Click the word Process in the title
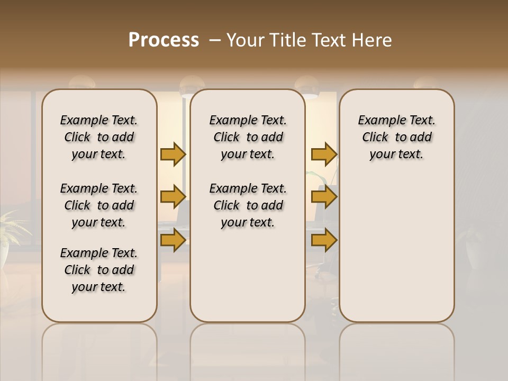point(164,40)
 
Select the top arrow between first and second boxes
point(173,155)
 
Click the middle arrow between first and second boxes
point(173,197)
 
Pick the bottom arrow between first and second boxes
point(173,240)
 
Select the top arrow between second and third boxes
point(324,155)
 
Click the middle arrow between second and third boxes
point(324,197)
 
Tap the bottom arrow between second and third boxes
point(324,240)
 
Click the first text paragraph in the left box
point(99,137)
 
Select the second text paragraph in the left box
point(99,205)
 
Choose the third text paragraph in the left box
point(99,270)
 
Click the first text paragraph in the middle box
point(248,137)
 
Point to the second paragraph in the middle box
point(248,205)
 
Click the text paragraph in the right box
point(396,137)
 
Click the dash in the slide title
point(215,40)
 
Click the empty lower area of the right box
point(396,254)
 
